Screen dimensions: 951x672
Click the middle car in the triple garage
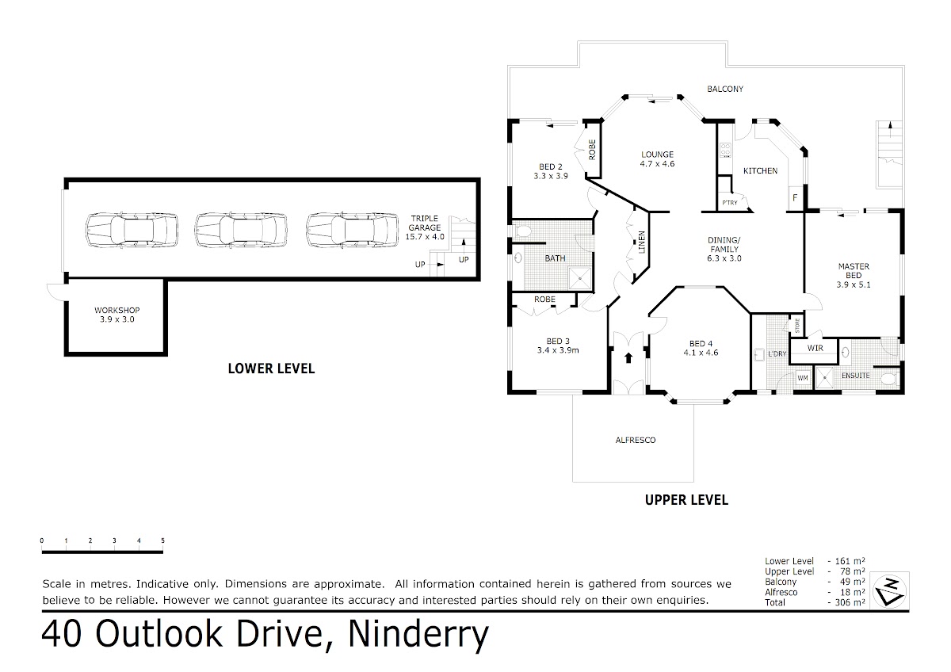tap(241, 230)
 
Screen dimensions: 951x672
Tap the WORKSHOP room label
tap(116, 311)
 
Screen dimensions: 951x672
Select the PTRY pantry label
tap(730, 203)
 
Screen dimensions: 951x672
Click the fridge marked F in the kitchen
tap(795, 198)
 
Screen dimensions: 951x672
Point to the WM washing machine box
tap(802, 378)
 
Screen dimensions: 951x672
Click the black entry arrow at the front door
tap(628, 357)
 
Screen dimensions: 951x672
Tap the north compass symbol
tap(889, 591)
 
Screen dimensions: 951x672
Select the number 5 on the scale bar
tap(162, 540)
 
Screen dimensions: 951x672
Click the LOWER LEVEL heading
tap(271, 368)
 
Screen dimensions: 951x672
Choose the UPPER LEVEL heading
tap(686, 500)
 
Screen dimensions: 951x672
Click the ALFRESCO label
tap(636, 441)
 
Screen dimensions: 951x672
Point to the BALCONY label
tap(725, 89)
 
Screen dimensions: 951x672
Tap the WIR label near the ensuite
tap(815, 348)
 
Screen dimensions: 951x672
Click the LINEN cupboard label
tap(642, 242)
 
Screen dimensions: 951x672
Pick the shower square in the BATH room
tap(580, 278)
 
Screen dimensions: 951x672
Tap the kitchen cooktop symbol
tap(725, 150)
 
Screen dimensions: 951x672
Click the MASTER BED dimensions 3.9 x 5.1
tap(854, 284)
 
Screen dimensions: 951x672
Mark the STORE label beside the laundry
tap(797, 326)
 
